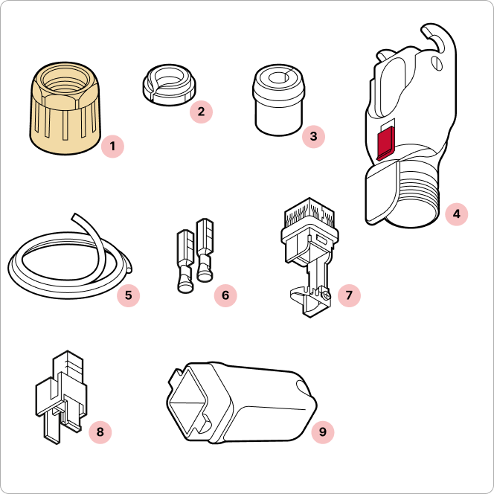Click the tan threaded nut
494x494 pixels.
65,109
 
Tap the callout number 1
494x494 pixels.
112,147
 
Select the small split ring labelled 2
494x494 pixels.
169,85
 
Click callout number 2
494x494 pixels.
201,112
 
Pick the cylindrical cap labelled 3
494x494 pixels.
279,100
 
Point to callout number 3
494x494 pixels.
313,136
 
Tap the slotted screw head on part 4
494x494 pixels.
437,64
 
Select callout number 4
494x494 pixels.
457,214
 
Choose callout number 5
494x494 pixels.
128,295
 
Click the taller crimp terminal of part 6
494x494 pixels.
205,249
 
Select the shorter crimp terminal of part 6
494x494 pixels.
186,261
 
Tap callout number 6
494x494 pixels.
225,295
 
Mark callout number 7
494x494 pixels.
349,295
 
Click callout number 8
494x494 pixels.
100,432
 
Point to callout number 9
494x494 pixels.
323,432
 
